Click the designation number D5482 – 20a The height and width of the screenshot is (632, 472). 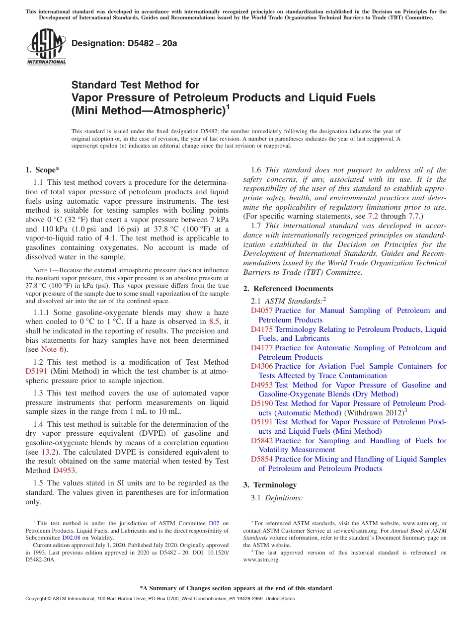click(x=124, y=44)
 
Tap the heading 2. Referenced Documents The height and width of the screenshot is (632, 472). click(x=288, y=289)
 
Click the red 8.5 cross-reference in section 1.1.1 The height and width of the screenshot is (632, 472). click(x=214, y=321)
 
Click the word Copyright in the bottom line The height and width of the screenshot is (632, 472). click(x=37, y=599)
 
